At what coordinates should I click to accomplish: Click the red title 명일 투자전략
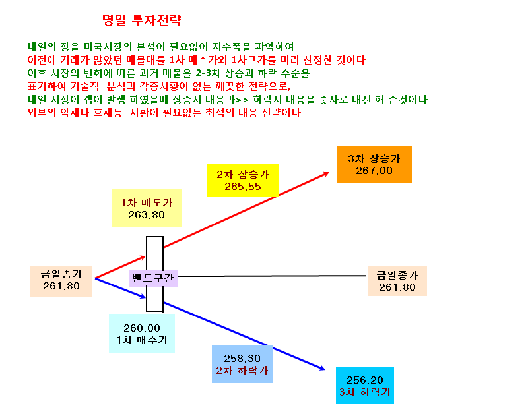click(x=142, y=20)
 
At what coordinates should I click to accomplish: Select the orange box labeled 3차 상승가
click(x=374, y=164)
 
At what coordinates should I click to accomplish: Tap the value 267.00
click(x=374, y=171)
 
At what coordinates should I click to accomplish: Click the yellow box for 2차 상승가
click(x=243, y=180)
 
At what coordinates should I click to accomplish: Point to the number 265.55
click(x=243, y=187)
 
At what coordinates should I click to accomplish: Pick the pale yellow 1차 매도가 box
click(x=147, y=208)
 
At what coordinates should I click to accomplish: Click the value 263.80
click(x=147, y=215)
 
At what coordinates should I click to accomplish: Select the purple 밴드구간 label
click(x=154, y=278)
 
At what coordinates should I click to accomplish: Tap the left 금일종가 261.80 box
click(x=61, y=282)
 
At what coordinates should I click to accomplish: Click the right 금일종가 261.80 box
click(x=397, y=282)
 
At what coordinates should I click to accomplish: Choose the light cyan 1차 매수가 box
click(x=142, y=334)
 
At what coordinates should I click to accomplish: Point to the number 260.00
click(x=142, y=328)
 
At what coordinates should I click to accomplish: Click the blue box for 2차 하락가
click(x=242, y=365)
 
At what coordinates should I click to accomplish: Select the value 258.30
click(x=242, y=358)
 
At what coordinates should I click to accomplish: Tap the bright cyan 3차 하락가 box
click(x=365, y=386)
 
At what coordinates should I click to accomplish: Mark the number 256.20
click(x=365, y=380)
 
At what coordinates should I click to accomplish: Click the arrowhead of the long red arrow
click(x=327, y=173)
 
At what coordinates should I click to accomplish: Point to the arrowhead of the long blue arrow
click(x=323, y=369)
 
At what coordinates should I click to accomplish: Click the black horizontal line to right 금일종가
click(x=272, y=276)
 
